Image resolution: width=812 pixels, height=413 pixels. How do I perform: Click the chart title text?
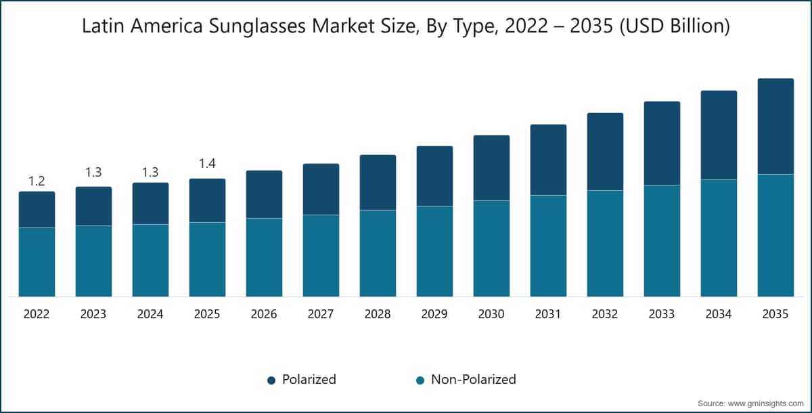(406, 28)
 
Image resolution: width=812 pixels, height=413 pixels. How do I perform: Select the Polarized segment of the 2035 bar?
(775, 127)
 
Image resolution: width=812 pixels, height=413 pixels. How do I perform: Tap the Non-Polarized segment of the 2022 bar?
(37, 262)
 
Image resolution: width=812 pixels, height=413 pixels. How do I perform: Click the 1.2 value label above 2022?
(37, 181)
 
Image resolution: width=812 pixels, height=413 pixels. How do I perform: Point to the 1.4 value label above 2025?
(207, 163)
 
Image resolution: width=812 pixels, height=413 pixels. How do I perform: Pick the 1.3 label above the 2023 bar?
(93, 173)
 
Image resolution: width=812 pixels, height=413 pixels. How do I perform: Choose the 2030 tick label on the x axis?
(491, 314)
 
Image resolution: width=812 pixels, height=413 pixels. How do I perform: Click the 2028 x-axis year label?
(378, 314)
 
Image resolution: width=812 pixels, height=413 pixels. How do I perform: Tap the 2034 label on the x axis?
(719, 314)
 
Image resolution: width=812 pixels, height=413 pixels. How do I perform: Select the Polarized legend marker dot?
(271, 381)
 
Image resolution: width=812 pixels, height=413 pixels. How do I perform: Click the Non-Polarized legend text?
(473, 380)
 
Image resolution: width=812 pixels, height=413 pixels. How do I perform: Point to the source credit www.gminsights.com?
(750, 404)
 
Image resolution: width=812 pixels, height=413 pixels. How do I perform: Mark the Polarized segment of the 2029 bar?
(434, 176)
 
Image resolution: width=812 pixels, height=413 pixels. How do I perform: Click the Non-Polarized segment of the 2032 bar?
(605, 243)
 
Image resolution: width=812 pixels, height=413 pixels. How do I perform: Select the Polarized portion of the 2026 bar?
(264, 194)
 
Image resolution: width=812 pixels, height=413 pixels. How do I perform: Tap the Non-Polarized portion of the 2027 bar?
(321, 255)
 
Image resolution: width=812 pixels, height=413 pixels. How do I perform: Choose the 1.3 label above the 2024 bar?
(150, 173)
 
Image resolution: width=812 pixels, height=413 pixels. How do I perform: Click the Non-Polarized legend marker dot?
(420, 381)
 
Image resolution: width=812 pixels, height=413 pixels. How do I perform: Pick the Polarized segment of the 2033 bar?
(662, 144)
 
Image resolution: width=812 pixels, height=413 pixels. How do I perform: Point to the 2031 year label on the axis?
(548, 314)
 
